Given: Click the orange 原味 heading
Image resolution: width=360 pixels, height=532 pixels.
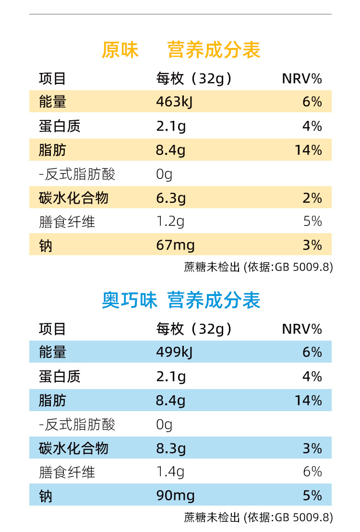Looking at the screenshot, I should click(120, 50).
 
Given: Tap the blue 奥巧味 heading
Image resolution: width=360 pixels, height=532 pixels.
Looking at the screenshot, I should click(130, 301).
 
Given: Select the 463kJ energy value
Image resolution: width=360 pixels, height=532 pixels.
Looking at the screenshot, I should click(174, 102).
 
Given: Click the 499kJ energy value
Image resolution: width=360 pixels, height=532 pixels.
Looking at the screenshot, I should click(174, 353).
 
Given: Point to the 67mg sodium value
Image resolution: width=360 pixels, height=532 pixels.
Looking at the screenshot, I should click(175, 246).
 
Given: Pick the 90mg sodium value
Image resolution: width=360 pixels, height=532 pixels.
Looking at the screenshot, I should click(175, 496).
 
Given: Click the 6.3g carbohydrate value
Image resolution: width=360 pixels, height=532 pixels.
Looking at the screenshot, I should click(171, 198).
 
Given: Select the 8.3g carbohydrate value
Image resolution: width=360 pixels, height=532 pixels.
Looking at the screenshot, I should click(171, 449).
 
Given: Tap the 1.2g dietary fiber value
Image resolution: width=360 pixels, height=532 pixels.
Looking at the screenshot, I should click(170, 222).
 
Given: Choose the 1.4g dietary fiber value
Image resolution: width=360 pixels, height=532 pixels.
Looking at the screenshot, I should click(170, 472).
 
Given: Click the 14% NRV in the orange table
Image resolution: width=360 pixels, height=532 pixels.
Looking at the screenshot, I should click(308, 151).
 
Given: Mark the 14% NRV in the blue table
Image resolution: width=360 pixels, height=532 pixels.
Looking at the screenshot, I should click(308, 401).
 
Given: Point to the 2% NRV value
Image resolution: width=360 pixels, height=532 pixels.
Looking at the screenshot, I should click(312, 198).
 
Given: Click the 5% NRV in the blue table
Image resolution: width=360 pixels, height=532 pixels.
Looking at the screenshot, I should click(312, 496).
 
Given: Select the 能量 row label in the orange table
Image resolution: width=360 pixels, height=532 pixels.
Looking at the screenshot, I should click(52, 102).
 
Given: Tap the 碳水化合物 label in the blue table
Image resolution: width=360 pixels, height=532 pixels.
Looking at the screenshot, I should click(73, 449).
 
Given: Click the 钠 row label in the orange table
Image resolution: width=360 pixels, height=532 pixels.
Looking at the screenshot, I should click(46, 246).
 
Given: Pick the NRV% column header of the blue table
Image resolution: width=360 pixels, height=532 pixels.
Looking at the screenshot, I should click(301, 329).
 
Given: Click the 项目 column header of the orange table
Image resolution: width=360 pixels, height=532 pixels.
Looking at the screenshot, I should click(52, 79).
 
